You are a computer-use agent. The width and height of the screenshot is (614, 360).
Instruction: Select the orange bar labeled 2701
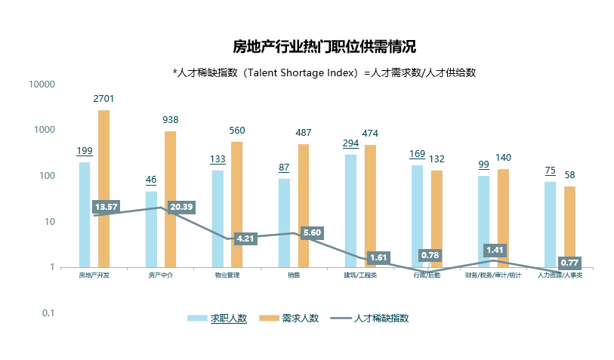(x=103, y=189)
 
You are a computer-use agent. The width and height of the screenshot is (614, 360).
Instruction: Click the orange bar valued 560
(x=236, y=204)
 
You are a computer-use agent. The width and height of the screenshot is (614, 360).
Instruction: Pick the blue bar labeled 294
(x=350, y=211)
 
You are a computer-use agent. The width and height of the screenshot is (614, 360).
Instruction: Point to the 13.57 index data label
(x=106, y=207)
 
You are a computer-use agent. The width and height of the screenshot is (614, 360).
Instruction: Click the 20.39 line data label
(x=181, y=207)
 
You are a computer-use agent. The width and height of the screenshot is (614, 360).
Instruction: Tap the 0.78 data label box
(x=430, y=255)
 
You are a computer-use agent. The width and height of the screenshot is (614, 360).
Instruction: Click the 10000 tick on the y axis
(x=42, y=84)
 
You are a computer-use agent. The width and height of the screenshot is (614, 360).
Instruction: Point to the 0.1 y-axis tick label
(x=48, y=312)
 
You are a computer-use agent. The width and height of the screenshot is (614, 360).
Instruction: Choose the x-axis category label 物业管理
(x=227, y=275)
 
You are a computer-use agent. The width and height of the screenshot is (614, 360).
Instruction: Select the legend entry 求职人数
(x=228, y=318)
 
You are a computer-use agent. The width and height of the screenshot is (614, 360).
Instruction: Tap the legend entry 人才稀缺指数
(x=381, y=318)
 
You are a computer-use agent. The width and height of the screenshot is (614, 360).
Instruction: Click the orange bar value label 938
(x=171, y=120)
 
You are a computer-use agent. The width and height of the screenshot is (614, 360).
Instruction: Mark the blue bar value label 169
(x=417, y=154)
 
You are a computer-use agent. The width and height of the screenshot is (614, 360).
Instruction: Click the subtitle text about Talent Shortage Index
(x=323, y=72)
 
